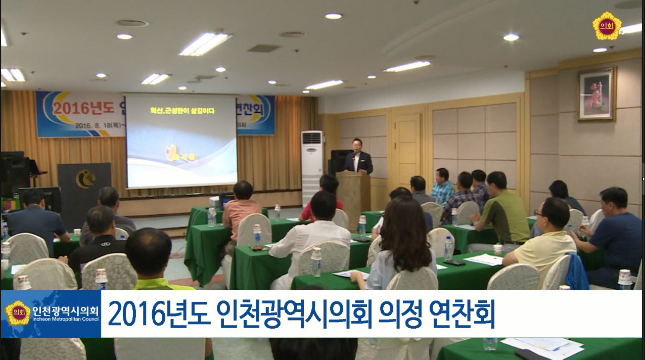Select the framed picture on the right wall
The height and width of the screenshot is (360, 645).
[597, 94]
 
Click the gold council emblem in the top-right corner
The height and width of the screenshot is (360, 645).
[607, 25]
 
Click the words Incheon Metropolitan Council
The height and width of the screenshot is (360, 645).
[66, 320]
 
